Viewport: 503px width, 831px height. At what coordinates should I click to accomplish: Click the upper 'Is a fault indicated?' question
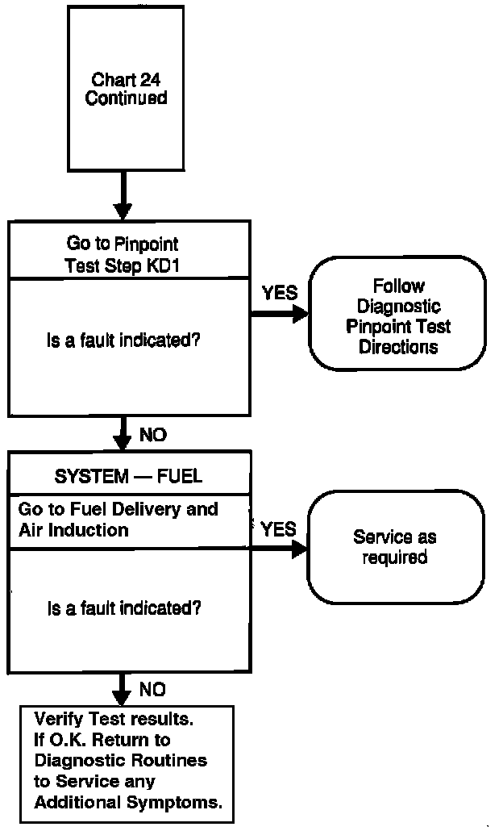(x=123, y=340)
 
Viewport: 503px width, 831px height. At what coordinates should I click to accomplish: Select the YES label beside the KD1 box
(x=280, y=292)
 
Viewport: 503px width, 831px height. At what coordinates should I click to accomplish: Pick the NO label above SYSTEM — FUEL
(x=153, y=436)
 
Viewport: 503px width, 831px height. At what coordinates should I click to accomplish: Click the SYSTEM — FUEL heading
(x=128, y=476)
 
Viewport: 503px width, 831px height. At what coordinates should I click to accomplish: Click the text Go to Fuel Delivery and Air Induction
(x=118, y=520)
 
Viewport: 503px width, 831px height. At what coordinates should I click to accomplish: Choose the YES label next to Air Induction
(x=278, y=529)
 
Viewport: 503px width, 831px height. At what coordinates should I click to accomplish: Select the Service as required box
(x=395, y=547)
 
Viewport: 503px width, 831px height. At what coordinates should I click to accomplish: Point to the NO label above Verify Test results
(x=153, y=690)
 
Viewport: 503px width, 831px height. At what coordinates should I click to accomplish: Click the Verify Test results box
(x=127, y=761)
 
